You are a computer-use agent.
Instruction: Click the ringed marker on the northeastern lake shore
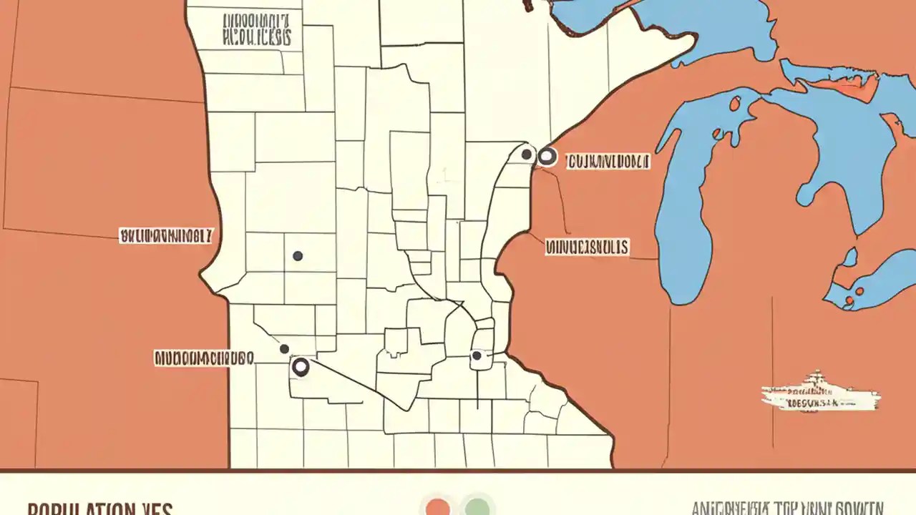tap(547, 157)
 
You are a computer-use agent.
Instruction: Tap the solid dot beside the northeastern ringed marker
tap(527, 154)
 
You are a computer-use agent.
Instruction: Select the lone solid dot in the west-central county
tap(298, 255)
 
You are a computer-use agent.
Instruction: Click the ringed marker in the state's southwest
tap(301, 368)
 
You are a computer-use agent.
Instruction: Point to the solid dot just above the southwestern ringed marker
tap(284, 349)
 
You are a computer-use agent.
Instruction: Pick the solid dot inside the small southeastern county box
tap(477, 355)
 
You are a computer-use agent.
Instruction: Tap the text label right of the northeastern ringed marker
tap(608, 162)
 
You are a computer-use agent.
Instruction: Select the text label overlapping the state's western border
tap(166, 235)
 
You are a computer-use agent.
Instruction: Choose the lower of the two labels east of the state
tap(587, 247)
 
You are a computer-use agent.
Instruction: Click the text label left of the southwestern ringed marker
tap(204, 358)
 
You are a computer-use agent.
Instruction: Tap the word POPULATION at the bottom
tap(79, 509)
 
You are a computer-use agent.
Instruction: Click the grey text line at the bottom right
tap(787, 508)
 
